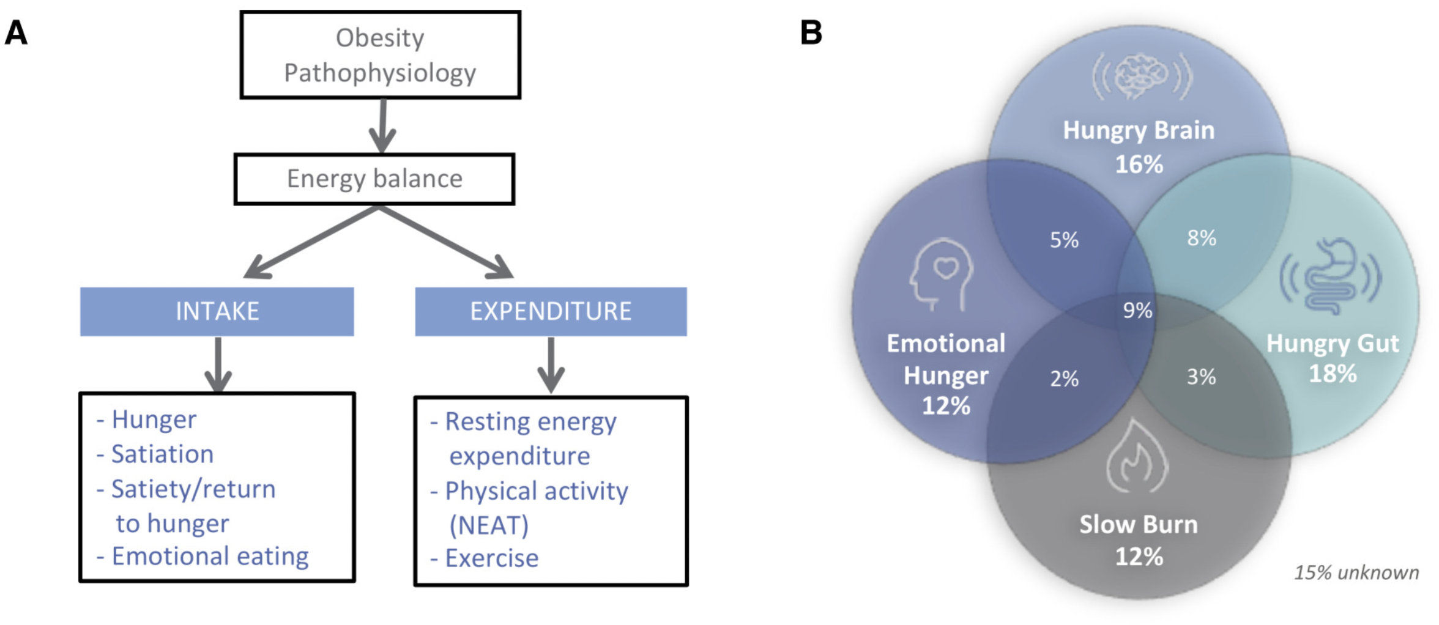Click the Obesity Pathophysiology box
380,55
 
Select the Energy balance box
374,179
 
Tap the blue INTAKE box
217,311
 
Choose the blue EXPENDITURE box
551,311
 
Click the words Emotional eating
210,557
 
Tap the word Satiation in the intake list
162,454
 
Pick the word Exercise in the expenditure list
491,558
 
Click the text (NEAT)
489,525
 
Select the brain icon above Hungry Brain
1142,76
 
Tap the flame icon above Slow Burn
1137,456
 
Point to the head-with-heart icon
942,274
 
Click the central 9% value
1137,311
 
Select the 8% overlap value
1202,238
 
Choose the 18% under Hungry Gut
1333,374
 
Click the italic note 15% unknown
1356,572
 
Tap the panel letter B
811,32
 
